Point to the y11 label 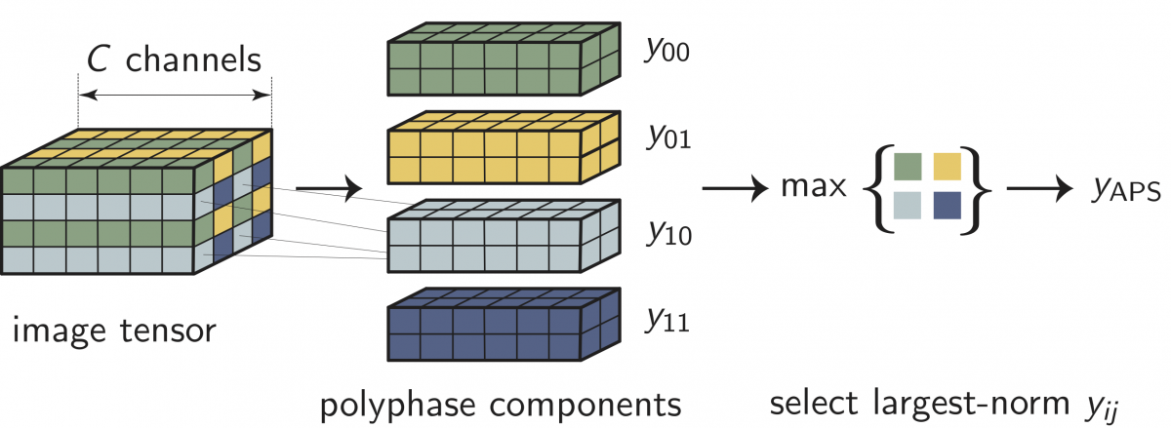(x=667, y=319)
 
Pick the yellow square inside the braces (x=947, y=165)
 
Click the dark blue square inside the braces (x=947, y=206)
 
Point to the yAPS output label (x=1124, y=189)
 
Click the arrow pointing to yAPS (x=1039, y=187)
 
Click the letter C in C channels (x=100, y=60)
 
